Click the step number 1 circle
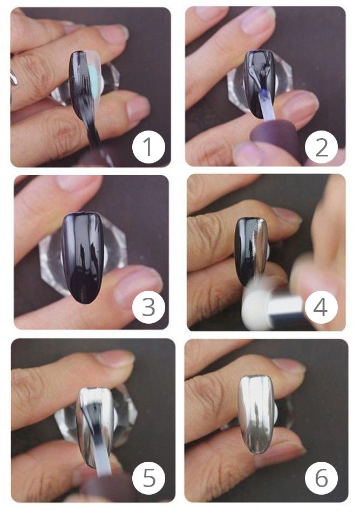tap(148, 147)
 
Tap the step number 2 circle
tap(321, 147)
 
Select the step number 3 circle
tap(148, 307)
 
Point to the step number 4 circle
tap(321, 307)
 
